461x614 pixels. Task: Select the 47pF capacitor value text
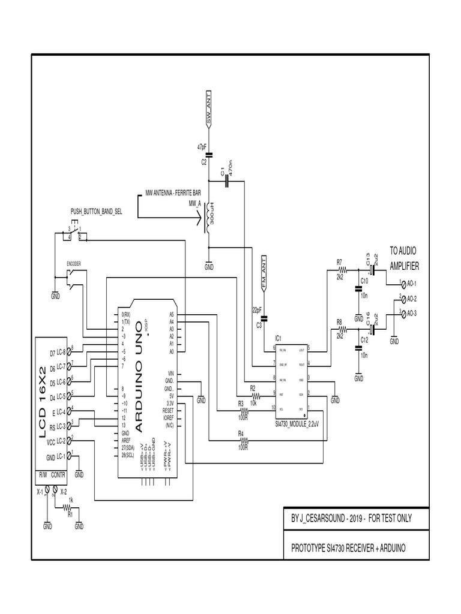[x=202, y=147]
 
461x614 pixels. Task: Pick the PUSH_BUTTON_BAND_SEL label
[x=97, y=212]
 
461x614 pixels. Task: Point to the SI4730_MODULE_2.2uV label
[x=292, y=424]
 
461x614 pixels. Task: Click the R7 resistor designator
[x=339, y=262]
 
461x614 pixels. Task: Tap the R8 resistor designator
[x=339, y=322]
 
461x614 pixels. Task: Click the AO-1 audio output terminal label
[x=412, y=284]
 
